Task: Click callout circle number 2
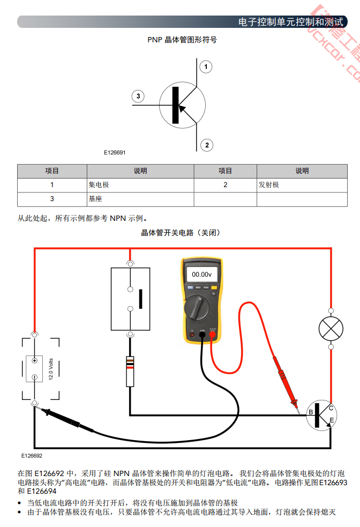point(206,145)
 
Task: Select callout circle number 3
point(138,97)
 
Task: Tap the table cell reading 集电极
point(99,185)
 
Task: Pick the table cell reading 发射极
point(269,185)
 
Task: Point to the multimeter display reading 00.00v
point(202,274)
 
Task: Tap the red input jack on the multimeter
point(212,335)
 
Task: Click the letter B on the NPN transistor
point(310,412)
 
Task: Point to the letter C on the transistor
point(331,408)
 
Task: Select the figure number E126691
point(115,153)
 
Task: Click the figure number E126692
point(32,456)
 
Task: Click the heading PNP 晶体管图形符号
point(182,40)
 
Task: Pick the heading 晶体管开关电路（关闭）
point(180,233)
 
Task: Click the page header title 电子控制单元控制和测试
point(290,22)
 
